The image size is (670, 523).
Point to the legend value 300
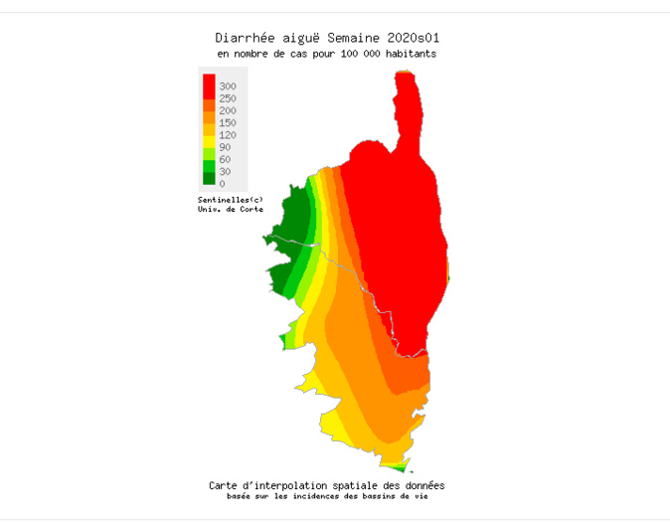click(228, 87)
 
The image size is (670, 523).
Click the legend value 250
click(228, 98)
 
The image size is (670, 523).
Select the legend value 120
click(228, 135)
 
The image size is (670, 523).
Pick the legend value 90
click(225, 147)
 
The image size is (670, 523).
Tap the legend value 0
click(222, 183)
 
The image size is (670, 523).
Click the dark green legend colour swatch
click(209, 179)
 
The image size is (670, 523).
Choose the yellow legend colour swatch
click(209, 142)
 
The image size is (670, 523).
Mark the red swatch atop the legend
click(209, 84)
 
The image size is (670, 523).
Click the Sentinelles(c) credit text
click(231, 200)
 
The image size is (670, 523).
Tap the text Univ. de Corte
click(231, 209)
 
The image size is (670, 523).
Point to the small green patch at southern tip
click(397, 466)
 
